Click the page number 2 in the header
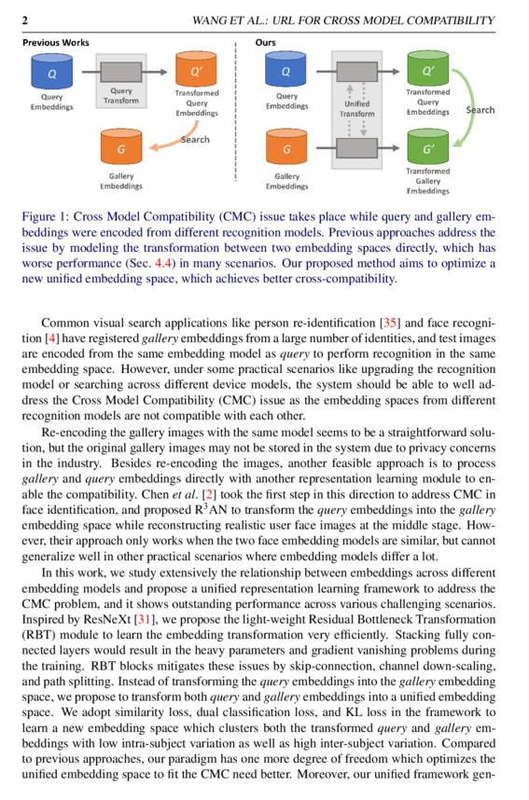25,20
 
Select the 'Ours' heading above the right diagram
266,43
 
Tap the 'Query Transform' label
120,95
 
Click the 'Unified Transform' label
356,108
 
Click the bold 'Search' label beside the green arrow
480,110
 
